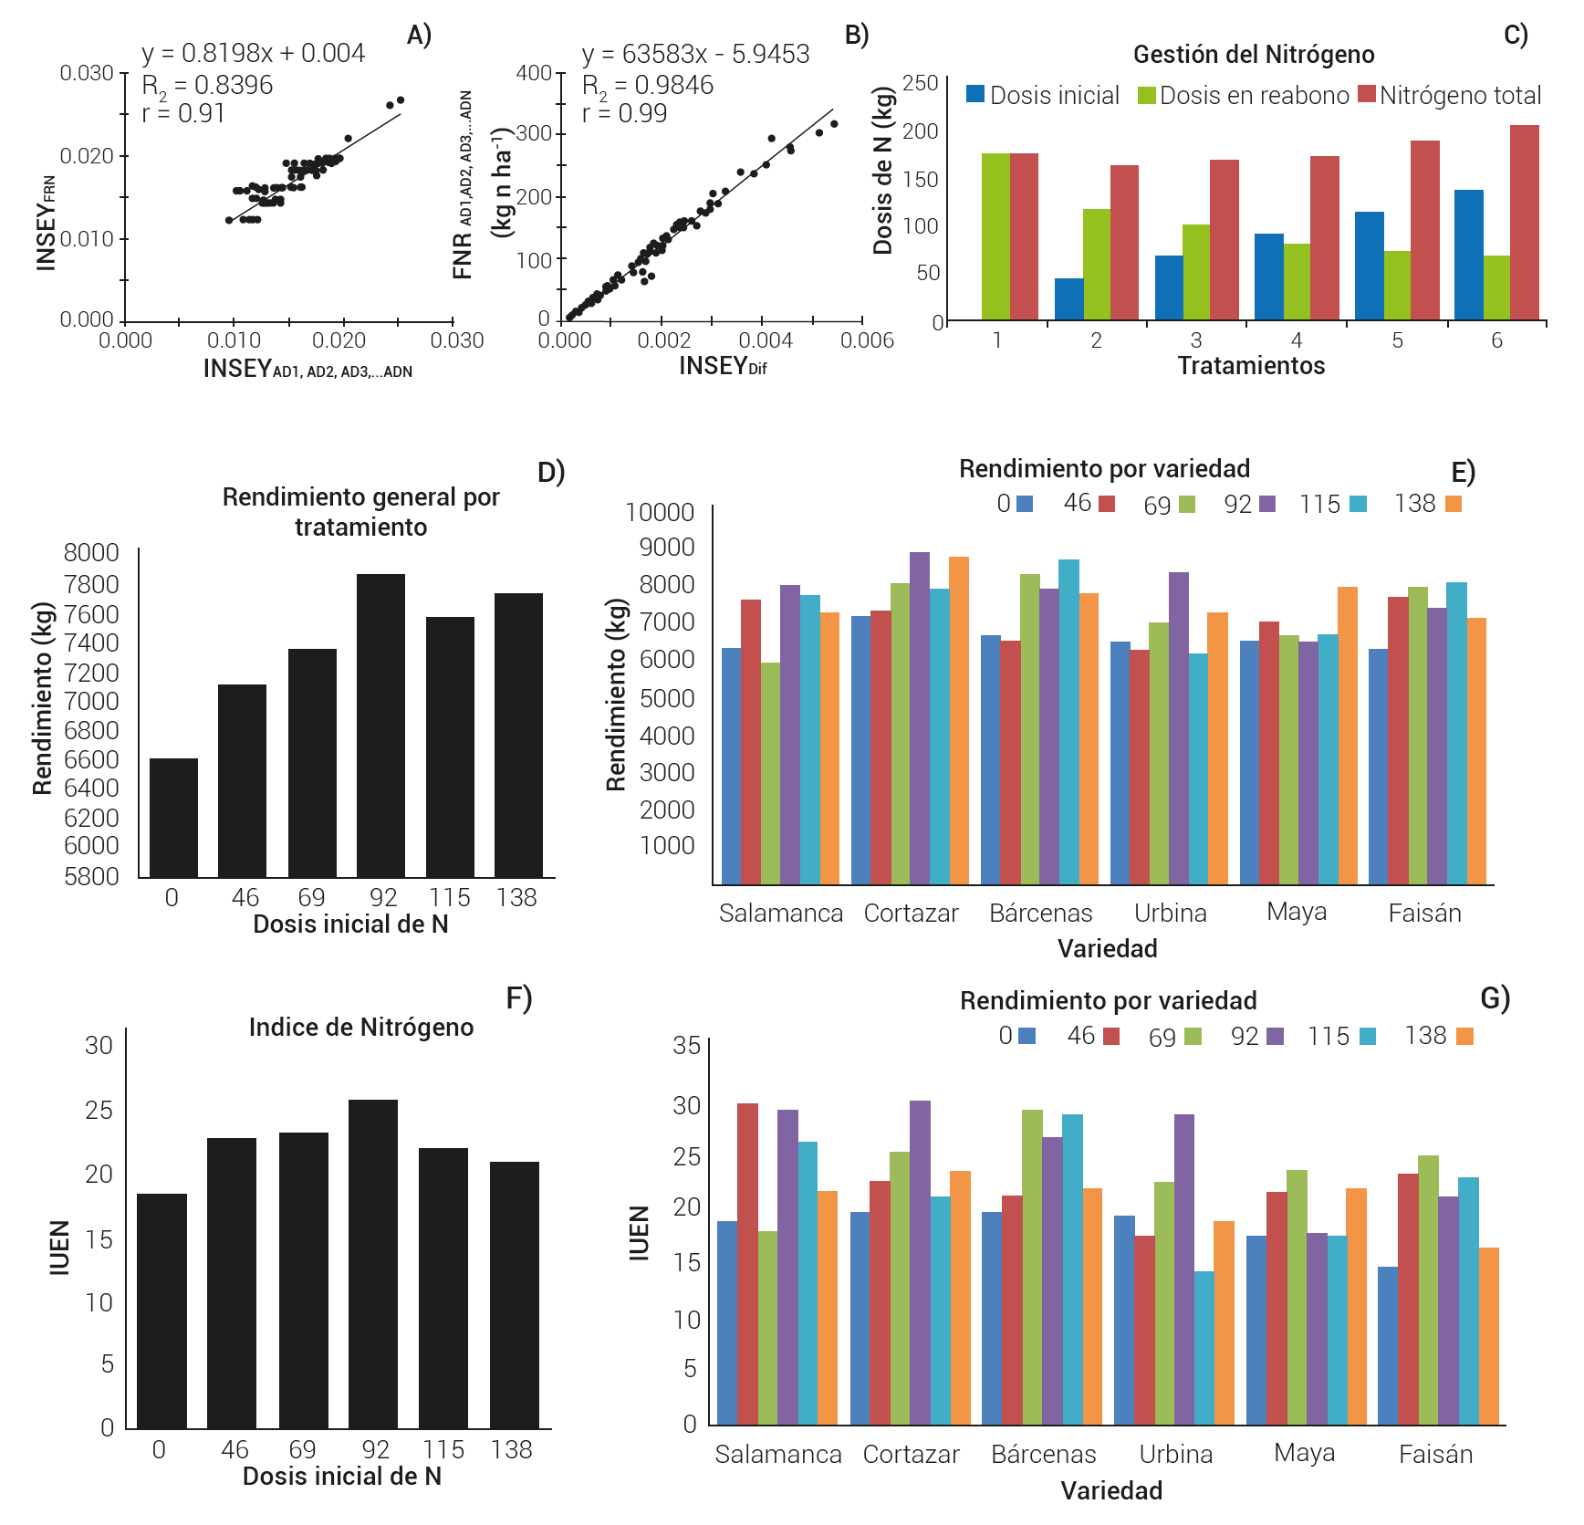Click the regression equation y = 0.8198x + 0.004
click(253, 54)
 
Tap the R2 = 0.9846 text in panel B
click(648, 85)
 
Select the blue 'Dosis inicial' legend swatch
click(975, 94)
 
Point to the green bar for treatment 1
click(996, 236)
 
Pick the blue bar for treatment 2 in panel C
click(1069, 298)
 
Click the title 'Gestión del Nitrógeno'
click(1254, 55)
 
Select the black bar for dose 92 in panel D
click(380, 726)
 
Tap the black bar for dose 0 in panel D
click(173, 818)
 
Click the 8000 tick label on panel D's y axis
click(91, 553)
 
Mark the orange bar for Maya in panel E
click(1347, 736)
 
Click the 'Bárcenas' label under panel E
click(1040, 914)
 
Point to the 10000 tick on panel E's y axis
click(660, 513)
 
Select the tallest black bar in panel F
click(373, 1264)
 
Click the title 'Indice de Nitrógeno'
click(361, 1028)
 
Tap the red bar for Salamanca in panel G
click(747, 1264)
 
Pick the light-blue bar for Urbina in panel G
click(1204, 1347)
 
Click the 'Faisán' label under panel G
click(1435, 1455)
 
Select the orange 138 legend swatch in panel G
click(1464, 1036)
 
